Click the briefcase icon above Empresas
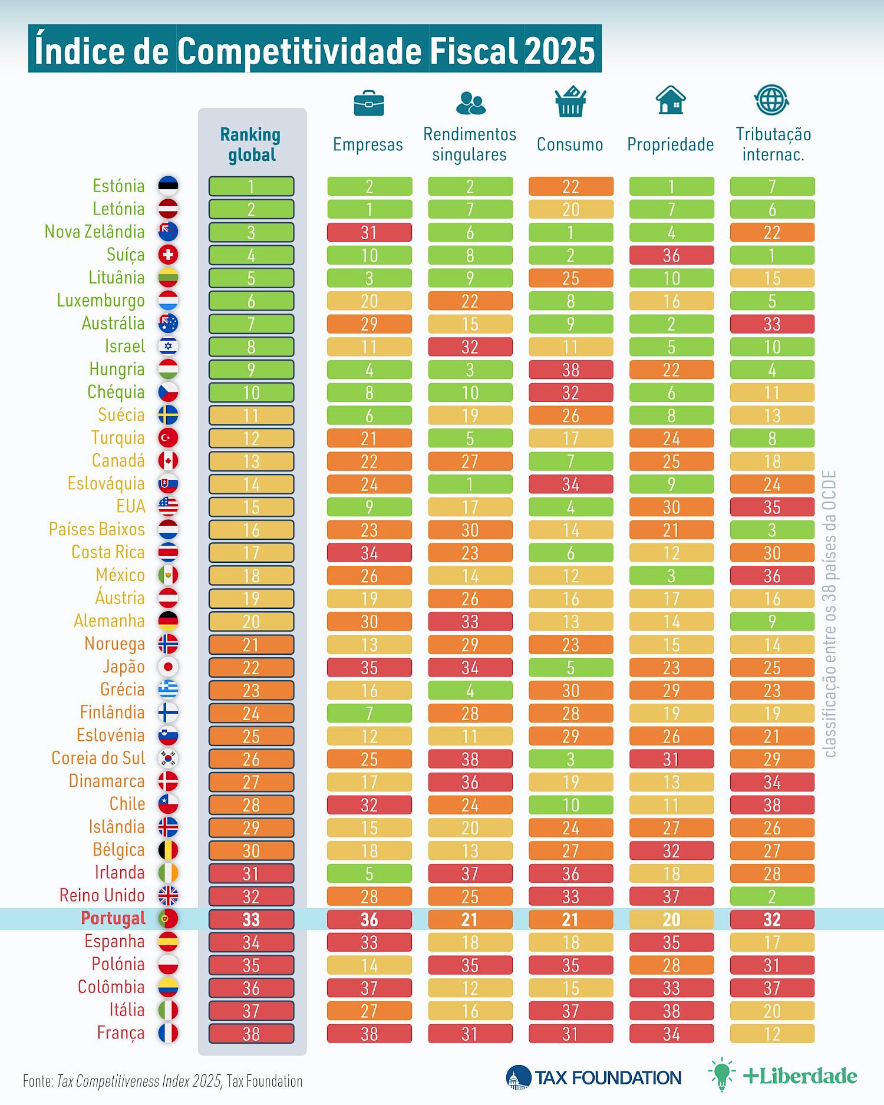(x=369, y=103)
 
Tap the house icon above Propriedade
(x=671, y=100)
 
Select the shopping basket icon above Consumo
(x=570, y=101)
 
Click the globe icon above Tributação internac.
(x=771, y=100)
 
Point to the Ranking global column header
(x=251, y=144)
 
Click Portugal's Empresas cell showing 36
(x=370, y=919)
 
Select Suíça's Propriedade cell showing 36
(x=671, y=255)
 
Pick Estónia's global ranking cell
(x=251, y=186)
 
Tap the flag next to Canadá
(x=168, y=461)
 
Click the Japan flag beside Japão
(x=168, y=667)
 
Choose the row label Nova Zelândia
(x=95, y=232)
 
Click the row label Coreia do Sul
(x=98, y=758)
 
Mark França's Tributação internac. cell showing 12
(x=772, y=1034)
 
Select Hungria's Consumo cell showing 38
(x=570, y=370)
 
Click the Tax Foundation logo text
(x=608, y=1078)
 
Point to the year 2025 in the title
(x=559, y=50)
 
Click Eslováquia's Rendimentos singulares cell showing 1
(x=470, y=484)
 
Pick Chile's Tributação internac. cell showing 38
(x=772, y=805)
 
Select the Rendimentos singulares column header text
(x=470, y=144)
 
